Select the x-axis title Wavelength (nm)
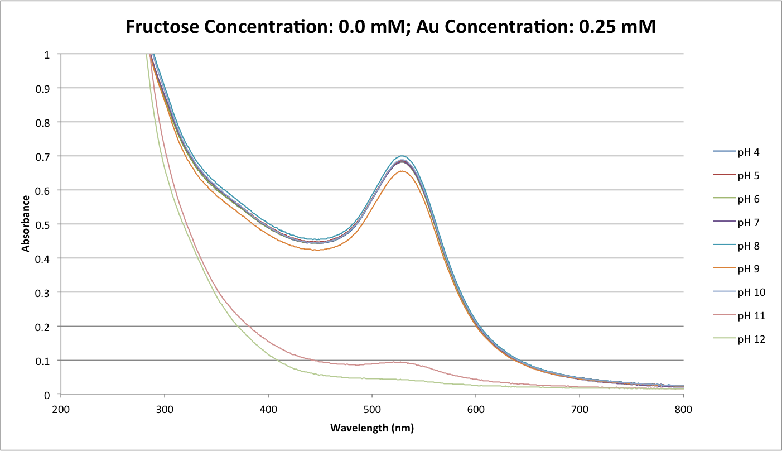pos(372,428)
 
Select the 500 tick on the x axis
pos(372,409)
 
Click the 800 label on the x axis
pos(683,409)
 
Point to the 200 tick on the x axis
pos(61,409)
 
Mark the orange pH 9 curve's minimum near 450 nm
pos(316,250)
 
